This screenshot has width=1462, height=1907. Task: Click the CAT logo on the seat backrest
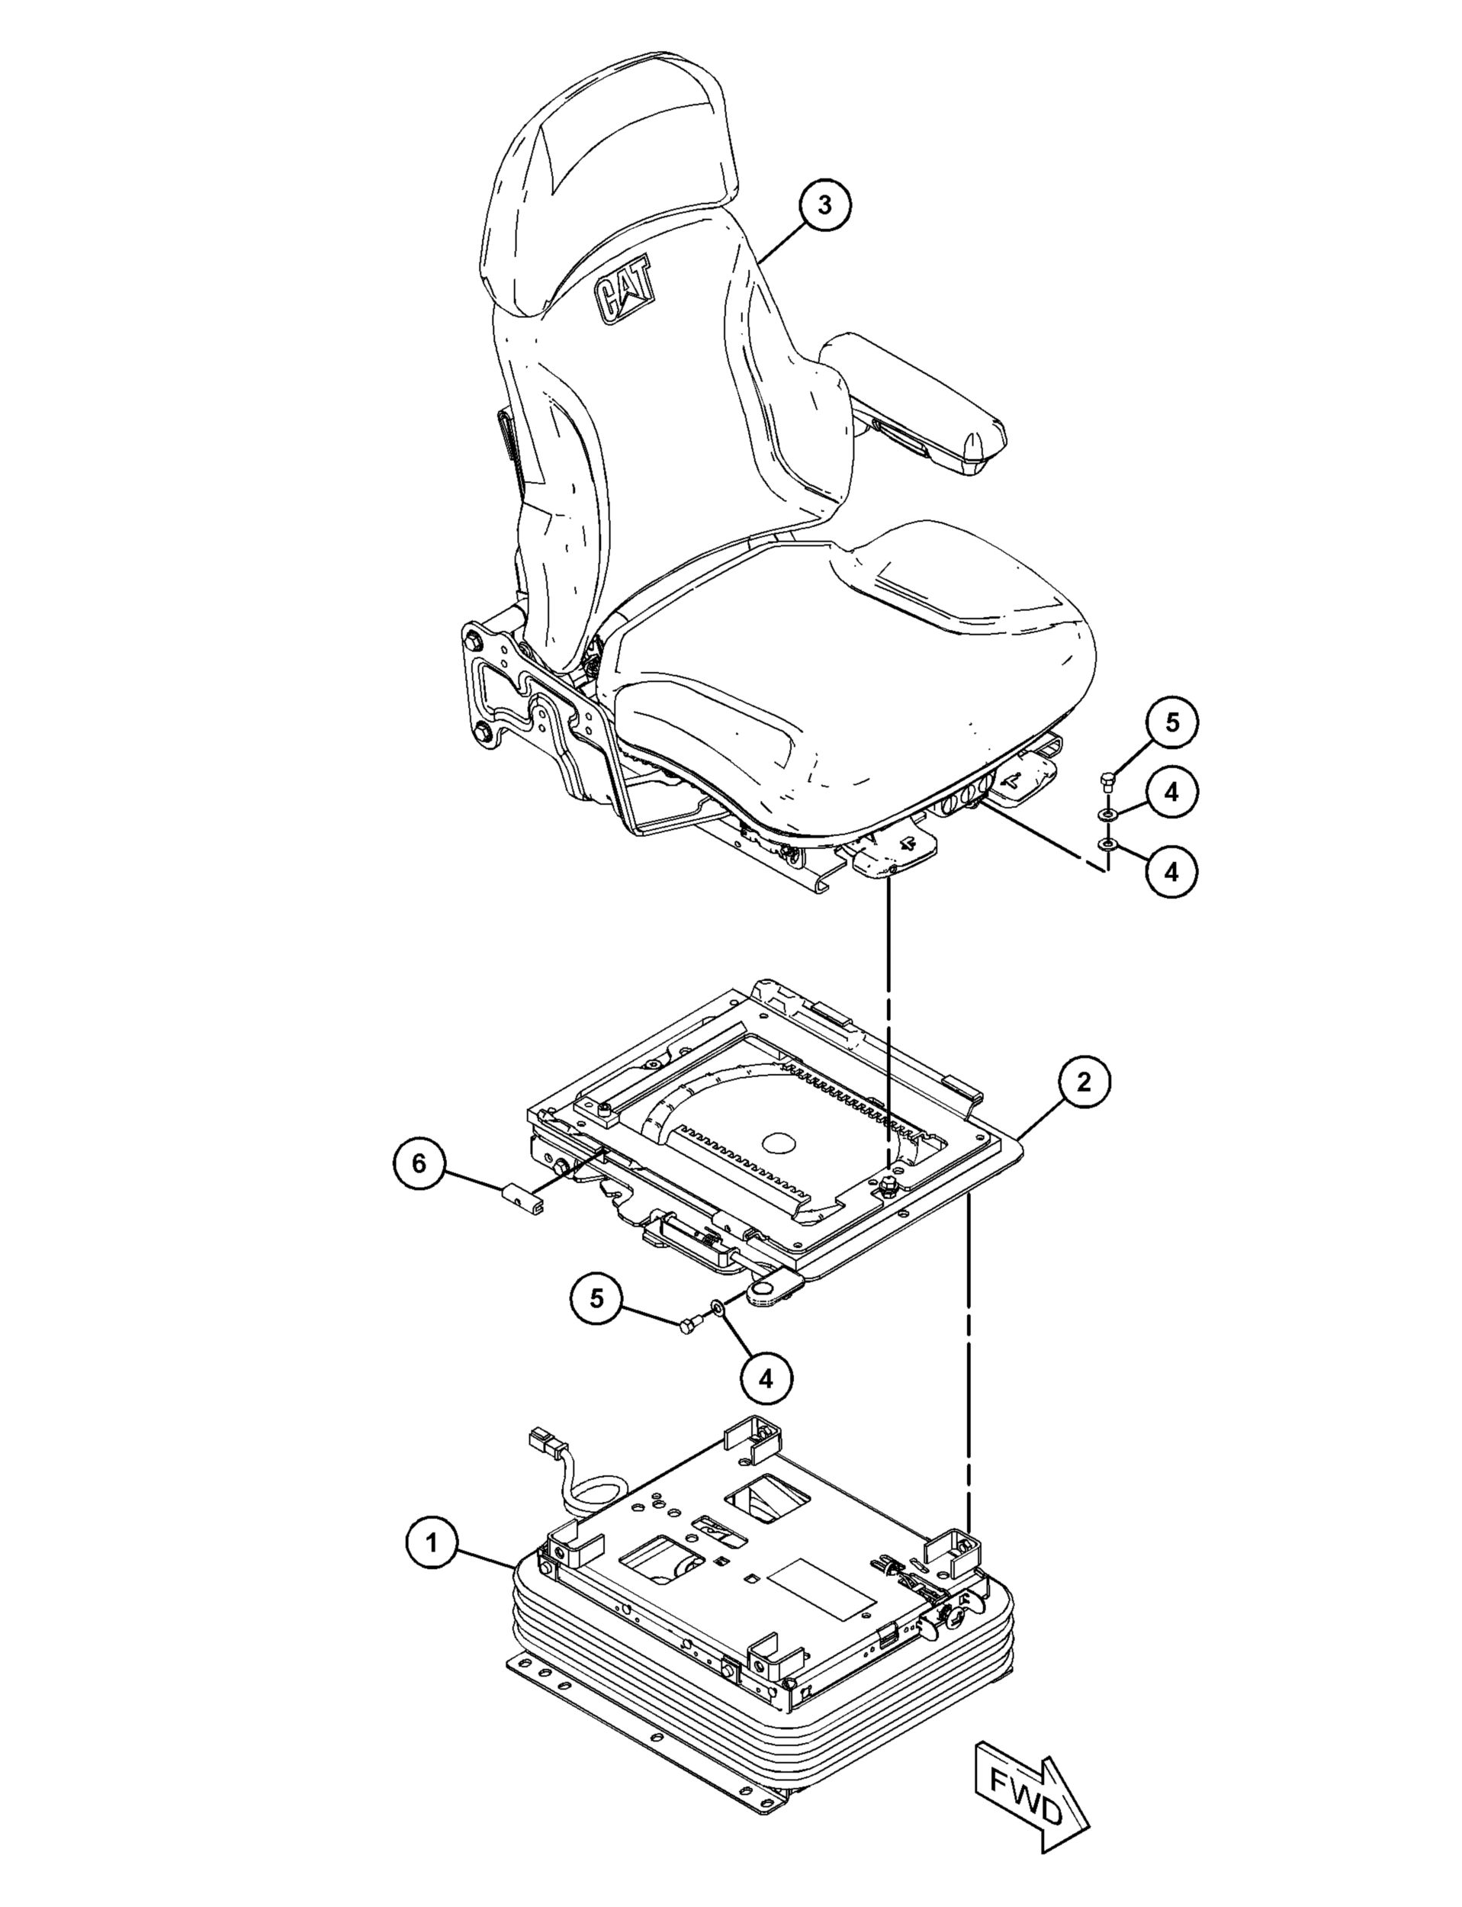coord(624,294)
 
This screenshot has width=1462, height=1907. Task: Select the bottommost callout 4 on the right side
coord(1171,870)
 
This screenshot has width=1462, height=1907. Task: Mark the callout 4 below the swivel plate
coord(766,1378)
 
